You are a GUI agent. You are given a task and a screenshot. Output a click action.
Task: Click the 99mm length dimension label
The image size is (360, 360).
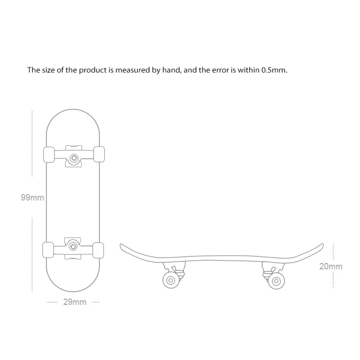32,198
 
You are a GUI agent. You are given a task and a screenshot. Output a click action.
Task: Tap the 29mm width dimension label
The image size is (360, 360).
75,302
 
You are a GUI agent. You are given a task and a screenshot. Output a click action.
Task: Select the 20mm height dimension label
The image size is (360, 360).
331,266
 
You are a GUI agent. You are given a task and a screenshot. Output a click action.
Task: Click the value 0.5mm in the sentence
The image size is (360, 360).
274,70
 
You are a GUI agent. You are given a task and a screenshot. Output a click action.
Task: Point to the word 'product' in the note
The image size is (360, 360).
93,70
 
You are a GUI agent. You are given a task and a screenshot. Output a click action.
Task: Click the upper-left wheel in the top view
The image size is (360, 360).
49,155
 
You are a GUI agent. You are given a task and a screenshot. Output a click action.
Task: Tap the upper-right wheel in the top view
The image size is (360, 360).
99,154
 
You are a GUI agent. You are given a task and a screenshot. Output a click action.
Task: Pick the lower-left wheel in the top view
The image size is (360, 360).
48,250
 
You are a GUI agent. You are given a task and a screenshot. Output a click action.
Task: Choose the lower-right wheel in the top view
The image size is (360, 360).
98,251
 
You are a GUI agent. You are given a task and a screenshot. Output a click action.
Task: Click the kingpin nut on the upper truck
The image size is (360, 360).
74,158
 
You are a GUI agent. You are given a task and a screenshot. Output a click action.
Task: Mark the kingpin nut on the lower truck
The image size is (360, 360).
73,246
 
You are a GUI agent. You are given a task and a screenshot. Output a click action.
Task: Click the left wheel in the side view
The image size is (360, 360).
171,280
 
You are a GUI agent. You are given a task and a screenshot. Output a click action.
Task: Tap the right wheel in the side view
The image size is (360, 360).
276,281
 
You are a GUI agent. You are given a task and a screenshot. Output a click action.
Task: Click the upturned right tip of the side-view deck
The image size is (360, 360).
322,245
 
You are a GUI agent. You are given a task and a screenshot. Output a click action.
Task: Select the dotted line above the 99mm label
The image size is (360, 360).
32,144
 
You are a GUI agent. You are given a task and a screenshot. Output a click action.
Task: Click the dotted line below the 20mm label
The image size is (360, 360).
333,280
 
